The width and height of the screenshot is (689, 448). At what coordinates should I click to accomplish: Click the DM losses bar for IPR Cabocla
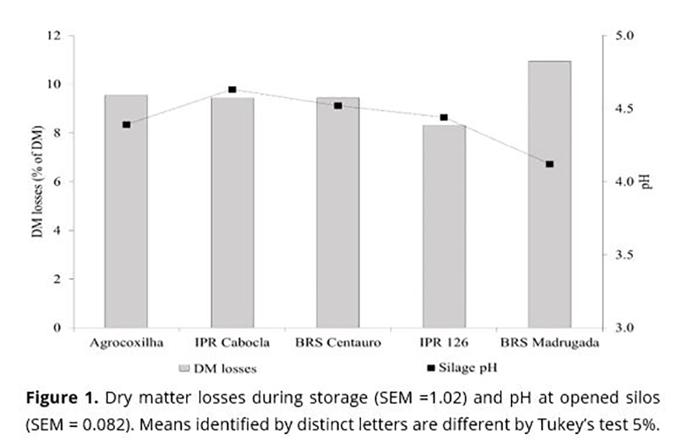tap(232, 213)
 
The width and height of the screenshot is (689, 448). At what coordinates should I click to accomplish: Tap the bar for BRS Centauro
tap(338, 213)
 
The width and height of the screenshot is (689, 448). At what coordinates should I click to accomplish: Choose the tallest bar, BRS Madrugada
tap(549, 194)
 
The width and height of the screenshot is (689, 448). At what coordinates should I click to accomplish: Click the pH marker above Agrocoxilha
tap(126, 124)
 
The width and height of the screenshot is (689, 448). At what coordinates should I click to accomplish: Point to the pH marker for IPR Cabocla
tap(232, 90)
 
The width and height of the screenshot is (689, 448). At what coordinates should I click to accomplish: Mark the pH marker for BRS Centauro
tap(338, 106)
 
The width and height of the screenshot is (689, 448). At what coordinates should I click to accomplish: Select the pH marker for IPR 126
tap(443, 117)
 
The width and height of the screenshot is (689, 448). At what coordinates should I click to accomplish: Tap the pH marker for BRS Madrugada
tap(549, 164)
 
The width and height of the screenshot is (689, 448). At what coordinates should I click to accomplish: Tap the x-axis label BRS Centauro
tap(338, 342)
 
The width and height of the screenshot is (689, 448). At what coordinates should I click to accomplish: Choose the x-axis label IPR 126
tap(443, 342)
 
